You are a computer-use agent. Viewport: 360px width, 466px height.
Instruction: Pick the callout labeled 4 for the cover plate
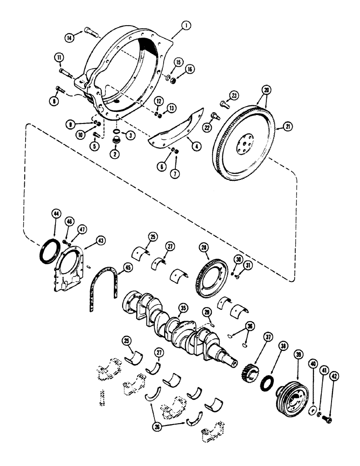pos(198,145)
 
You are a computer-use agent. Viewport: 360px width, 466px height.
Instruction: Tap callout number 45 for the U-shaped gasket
pos(125,268)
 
